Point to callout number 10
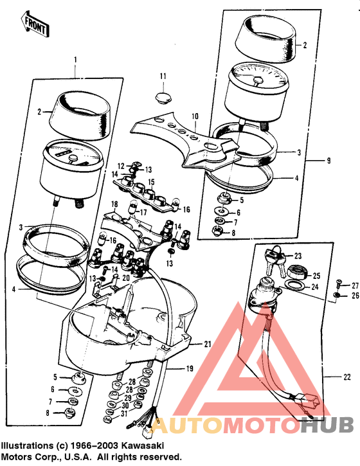pyautogui.click(x=195, y=117)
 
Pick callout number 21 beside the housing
pyautogui.click(x=208, y=345)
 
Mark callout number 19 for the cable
pyautogui.click(x=190, y=368)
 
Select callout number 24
pyautogui.click(x=316, y=287)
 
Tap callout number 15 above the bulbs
pyautogui.click(x=151, y=183)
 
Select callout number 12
pyautogui.click(x=120, y=166)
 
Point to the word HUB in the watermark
pyautogui.click(x=327, y=426)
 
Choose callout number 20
pyautogui.click(x=126, y=276)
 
